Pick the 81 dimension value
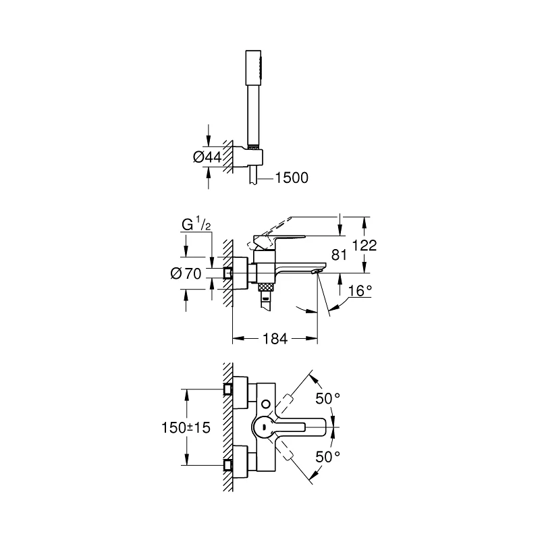(340, 255)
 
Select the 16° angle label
(360, 292)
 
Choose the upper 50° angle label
(327, 399)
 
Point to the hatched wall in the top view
(227, 427)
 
